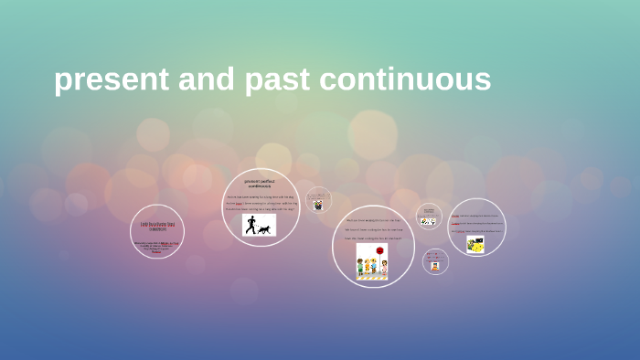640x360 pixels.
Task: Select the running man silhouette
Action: [251, 225]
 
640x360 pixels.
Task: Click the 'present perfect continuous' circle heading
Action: [260, 184]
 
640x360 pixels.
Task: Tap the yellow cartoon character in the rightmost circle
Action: [475, 244]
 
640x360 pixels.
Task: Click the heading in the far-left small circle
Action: [157, 226]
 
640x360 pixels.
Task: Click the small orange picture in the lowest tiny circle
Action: [435, 266]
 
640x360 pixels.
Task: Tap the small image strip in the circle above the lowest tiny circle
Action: [428, 221]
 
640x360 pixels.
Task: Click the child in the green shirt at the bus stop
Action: [361, 267]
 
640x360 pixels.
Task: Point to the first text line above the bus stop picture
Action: [372, 220]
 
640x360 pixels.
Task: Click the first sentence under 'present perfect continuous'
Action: [260, 196]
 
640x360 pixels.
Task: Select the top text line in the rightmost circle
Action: [476, 216]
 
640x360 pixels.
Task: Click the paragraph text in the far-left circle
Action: [156, 246]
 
